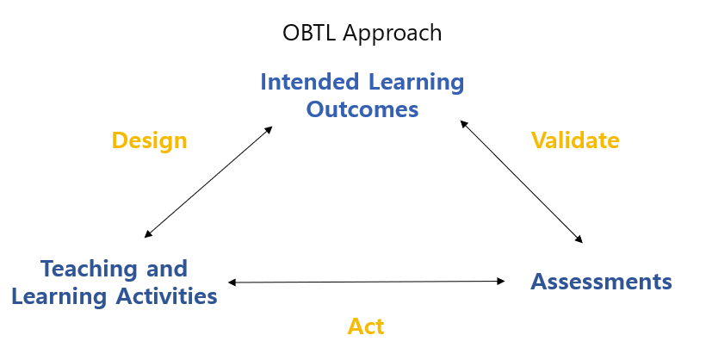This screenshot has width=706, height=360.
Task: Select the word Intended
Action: coord(310,82)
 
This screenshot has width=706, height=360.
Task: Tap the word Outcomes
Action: coord(362,109)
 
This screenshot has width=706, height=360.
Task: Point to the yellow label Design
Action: coord(150,141)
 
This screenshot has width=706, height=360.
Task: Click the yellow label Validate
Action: coord(575,140)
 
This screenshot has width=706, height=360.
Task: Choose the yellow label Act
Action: coord(366,326)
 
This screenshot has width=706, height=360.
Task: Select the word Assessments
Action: coord(601,282)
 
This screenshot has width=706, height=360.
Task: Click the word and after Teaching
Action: coord(167,269)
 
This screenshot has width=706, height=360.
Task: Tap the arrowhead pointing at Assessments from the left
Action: coord(501,281)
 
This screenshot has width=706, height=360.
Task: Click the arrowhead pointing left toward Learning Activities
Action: coord(232,282)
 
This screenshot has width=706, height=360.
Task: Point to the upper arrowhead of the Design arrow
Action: coord(269,129)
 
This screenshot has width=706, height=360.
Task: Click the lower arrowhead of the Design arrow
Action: coord(148,234)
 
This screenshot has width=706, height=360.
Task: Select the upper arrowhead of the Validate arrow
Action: coord(463,124)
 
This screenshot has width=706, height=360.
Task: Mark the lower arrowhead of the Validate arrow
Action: coord(579,239)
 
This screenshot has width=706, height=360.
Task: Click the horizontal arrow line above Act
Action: coord(367,282)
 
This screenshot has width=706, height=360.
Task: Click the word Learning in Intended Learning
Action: coord(416,83)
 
